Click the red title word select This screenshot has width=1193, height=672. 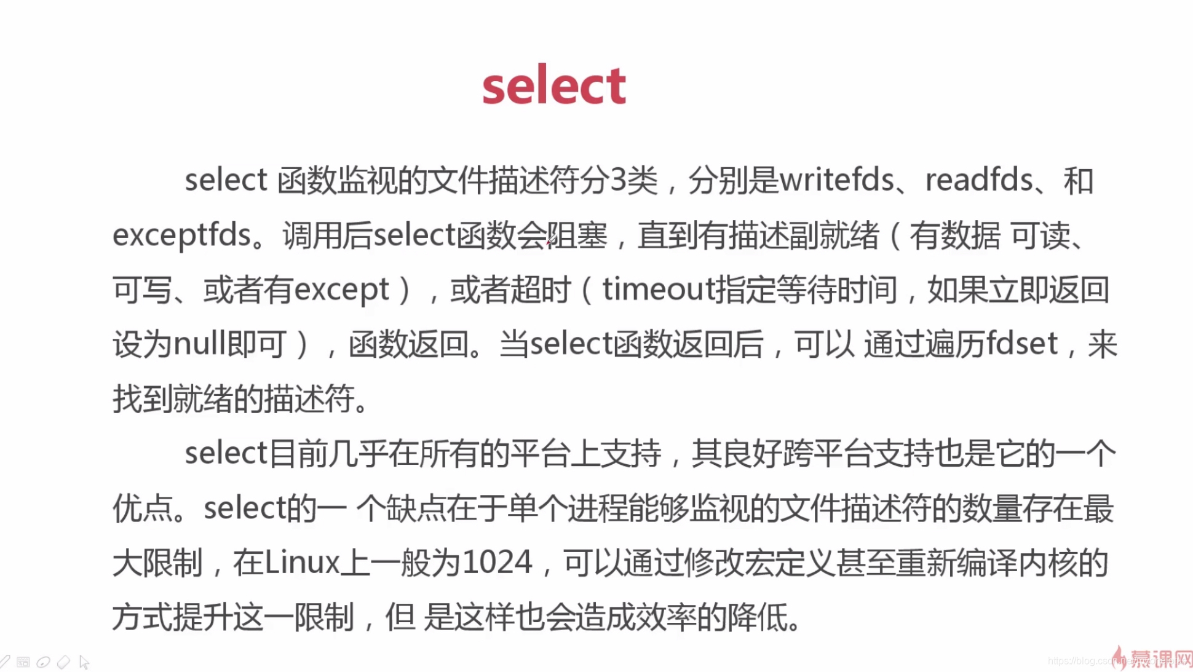[554, 85]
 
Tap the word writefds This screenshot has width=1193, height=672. [837, 181]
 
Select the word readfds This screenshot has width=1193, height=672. [979, 181]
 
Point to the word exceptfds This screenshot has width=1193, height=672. [182, 235]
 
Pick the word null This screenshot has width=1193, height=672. [198, 344]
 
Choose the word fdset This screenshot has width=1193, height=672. [1022, 344]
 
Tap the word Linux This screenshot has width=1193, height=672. [302, 563]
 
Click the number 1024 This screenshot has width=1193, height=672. [497, 563]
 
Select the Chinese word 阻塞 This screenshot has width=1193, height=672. [577, 235]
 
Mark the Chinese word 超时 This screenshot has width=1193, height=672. [541, 290]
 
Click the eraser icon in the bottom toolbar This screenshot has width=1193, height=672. [63, 662]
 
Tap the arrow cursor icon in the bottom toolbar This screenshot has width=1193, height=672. [84, 662]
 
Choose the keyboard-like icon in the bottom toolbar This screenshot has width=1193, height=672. [23, 662]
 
